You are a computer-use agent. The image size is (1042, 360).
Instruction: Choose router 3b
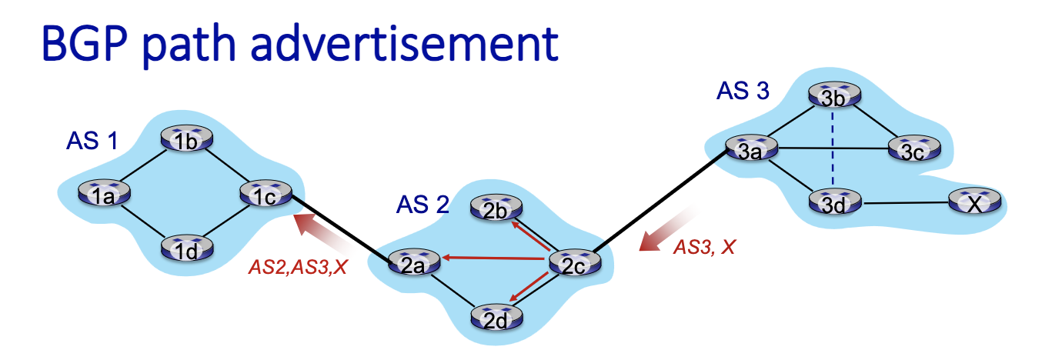[x=832, y=97]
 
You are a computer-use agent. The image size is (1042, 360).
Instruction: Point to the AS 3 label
[x=742, y=91]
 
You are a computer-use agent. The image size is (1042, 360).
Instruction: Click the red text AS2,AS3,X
[x=299, y=268]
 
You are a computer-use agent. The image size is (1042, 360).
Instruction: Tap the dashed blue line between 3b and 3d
[x=832, y=150]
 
